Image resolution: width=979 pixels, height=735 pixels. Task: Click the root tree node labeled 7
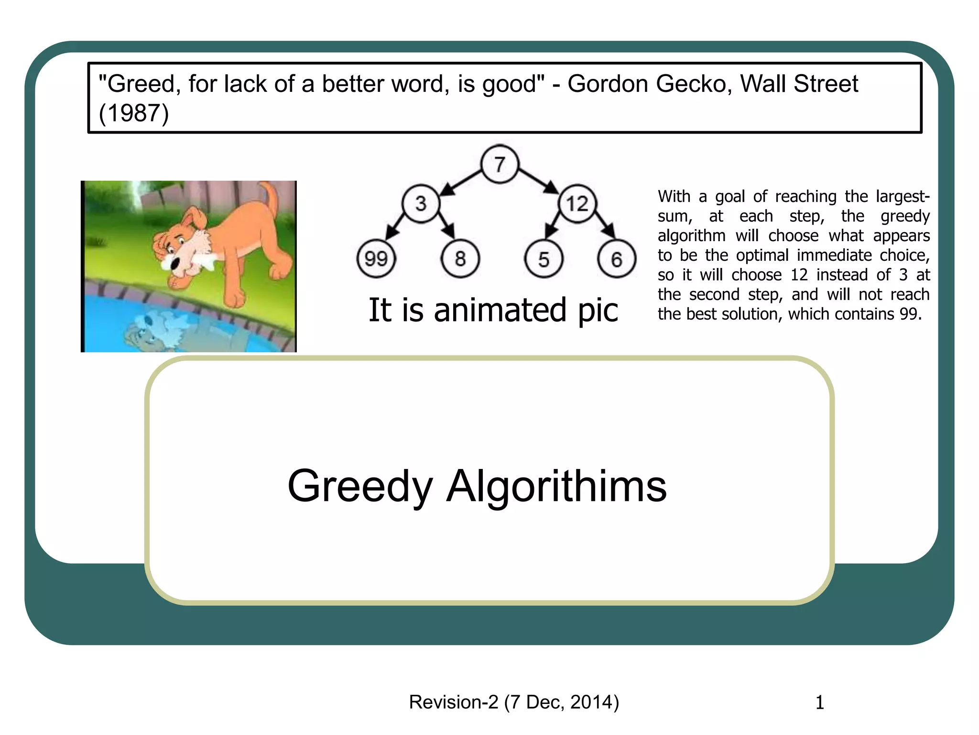[500, 164]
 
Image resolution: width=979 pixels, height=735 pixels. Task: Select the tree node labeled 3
[421, 203]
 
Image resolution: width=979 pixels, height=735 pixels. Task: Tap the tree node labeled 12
[577, 204]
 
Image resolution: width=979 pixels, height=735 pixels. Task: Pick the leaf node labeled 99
[376, 259]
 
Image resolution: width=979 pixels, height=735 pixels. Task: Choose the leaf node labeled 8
[460, 259]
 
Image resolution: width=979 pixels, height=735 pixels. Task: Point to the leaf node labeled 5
[544, 259]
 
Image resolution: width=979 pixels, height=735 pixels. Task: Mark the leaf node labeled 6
[617, 259]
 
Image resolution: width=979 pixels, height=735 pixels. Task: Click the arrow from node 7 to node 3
[460, 183]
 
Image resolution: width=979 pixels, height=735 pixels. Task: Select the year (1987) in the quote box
[134, 114]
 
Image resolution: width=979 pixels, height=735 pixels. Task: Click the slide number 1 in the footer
[819, 702]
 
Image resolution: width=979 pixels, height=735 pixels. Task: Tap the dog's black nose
[175, 264]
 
